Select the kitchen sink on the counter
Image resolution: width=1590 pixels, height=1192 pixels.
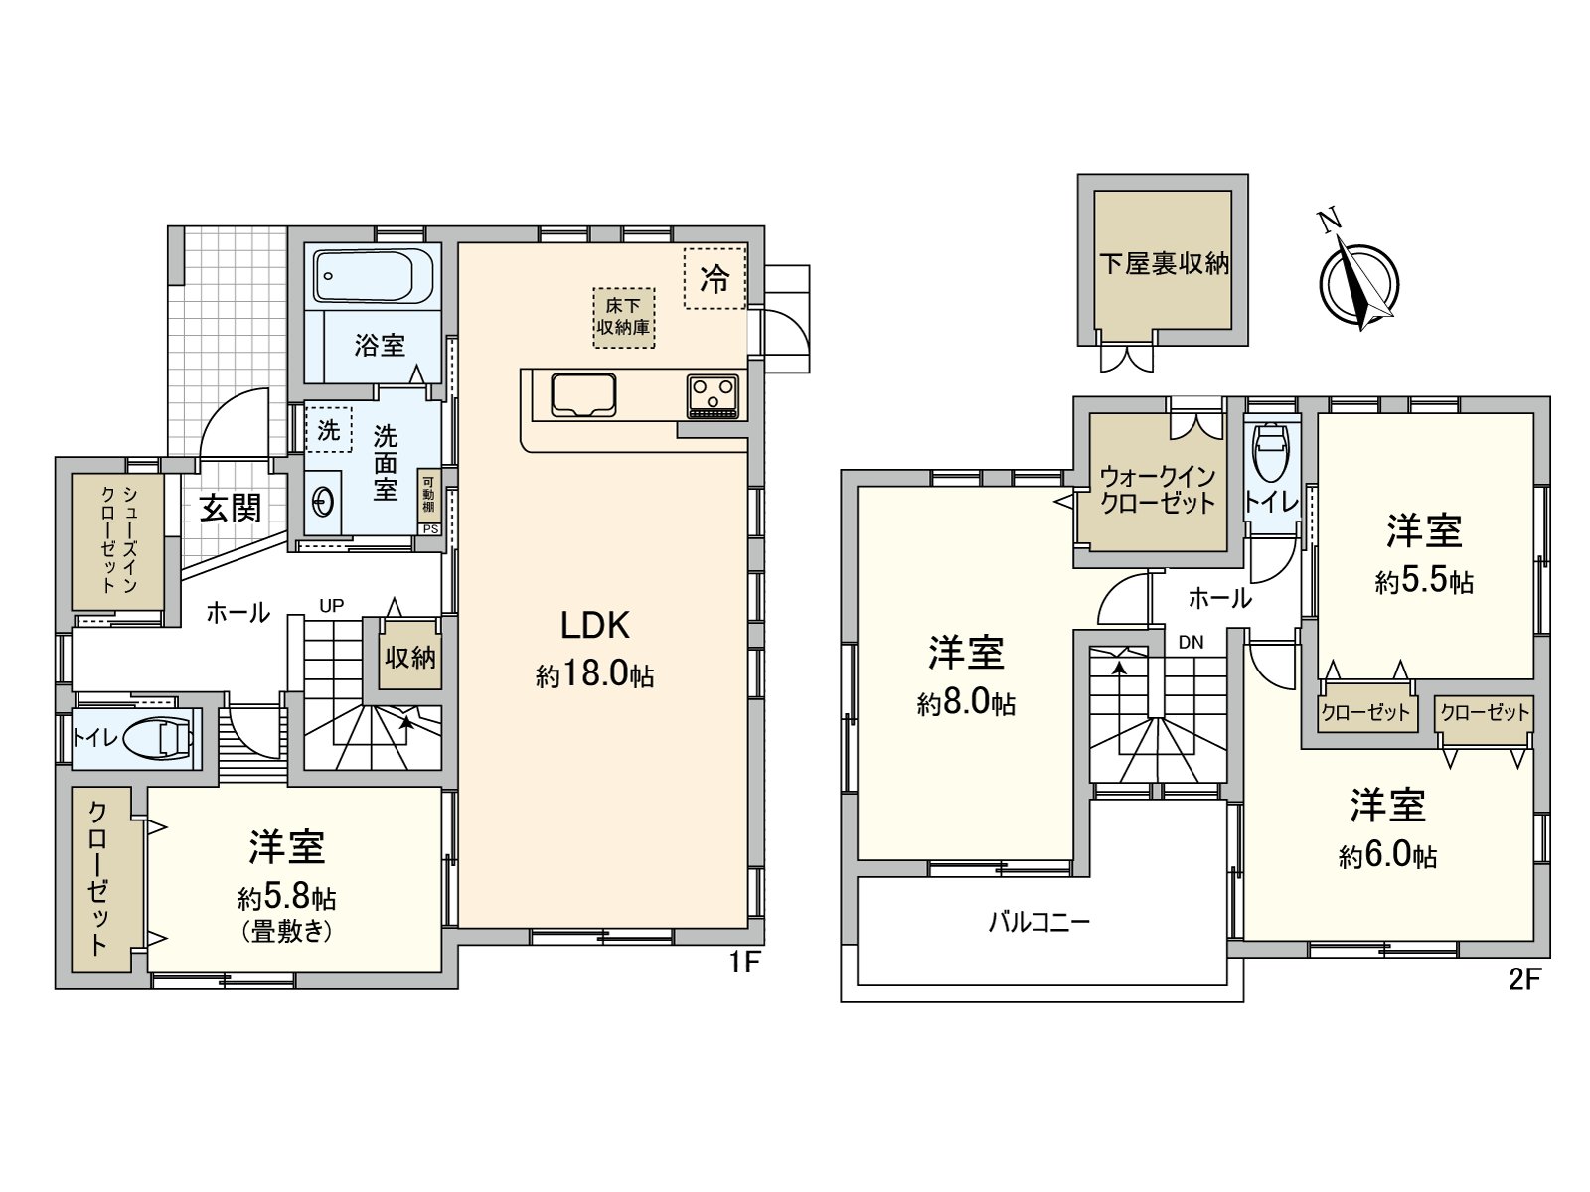pyautogui.click(x=583, y=395)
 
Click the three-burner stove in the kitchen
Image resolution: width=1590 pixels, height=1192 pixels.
pyautogui.click(x=713, y=394)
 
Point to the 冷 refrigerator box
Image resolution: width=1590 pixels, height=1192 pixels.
pyautogui.click(x=715, y=279)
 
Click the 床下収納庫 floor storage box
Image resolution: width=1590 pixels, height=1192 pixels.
pyautogui.click(x=624, y=317)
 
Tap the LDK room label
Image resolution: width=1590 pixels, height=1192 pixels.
pyautogui.click(x=595, y=625)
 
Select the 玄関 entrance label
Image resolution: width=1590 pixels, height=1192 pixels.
pyautogui.click(x=231, y=508)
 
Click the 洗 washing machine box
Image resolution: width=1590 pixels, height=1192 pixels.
pyautogui.click(x=328, y=430)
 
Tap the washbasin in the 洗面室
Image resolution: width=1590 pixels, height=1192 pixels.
pyautogui.click(x=322, y=503)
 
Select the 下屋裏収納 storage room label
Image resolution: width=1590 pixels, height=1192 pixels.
pyautogui.click(x=1164, y=263)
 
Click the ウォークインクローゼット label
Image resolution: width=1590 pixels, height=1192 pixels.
pyautogui.click(x=1158, y=489)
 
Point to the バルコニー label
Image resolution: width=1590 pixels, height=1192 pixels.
pyautogui.click(x=1039, y=922)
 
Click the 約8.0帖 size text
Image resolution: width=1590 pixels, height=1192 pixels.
pyautogui.click(x=966, y=704)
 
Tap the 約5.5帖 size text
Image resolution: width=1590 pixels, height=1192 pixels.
pyautogui.click(x=1424, y=582)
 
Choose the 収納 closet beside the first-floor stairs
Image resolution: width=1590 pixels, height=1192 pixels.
pyautogui.click(x=410, y=657)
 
